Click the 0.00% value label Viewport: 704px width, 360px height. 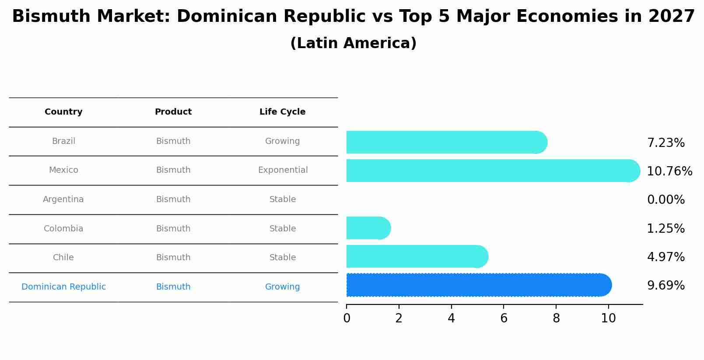pos(665,200)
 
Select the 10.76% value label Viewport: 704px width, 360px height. pos(669,171)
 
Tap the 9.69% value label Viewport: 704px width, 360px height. pos(665,286)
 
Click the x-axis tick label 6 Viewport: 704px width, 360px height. pos(504,318)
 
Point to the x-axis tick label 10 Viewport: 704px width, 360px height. pos(608,318)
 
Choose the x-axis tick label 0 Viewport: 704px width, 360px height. pos(347,318)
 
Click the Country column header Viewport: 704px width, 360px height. pos(63,112)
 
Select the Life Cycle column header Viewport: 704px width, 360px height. pos(282,112)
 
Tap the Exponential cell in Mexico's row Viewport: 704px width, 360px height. pos(283,170)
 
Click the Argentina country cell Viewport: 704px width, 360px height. pos(63,199)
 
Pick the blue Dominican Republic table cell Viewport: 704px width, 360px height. pos(63,287)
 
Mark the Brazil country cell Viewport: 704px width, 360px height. pos(63,141)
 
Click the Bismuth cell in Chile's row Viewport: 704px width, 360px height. pos(173,258)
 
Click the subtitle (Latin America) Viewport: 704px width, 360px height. pos(353,43)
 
